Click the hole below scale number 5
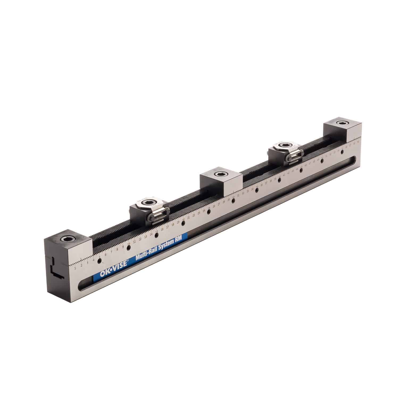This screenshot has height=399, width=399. (99, 262)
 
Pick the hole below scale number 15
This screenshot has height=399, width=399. (156, 236)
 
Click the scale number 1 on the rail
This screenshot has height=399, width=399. (76, 268)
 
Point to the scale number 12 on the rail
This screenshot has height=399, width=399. (140, 239)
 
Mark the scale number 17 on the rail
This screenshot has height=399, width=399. (167, 227)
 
